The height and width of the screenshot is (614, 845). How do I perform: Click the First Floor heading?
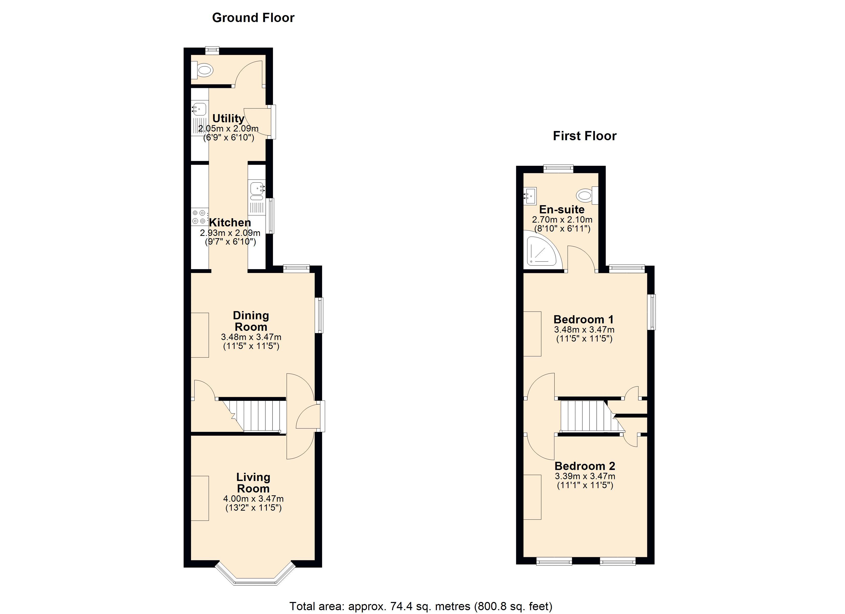coord(585,136)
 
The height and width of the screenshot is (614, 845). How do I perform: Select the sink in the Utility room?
coord(199,109)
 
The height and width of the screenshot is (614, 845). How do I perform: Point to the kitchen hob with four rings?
coord(199,217)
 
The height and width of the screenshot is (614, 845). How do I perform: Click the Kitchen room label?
coord(230,223)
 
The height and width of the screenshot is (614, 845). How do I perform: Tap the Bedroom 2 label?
coord(585,466)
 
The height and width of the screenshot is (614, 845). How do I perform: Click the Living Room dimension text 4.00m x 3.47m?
coord(253,499)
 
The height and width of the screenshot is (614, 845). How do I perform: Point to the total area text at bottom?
coord(421,606)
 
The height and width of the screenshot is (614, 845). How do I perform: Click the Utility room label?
coord(228,118)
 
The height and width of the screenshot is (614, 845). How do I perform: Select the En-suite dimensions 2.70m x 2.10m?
coord(562,220)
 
